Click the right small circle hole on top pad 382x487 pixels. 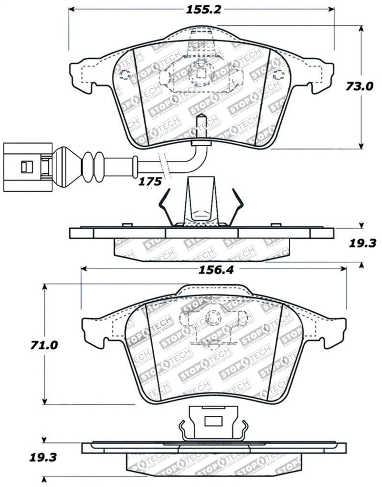(279, 74)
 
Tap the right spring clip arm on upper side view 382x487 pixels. (237, 205)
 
